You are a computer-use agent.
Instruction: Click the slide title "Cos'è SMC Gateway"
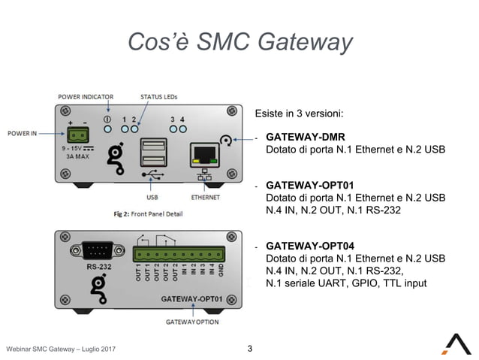point(239,42)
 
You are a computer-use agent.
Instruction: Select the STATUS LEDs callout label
point(158,96)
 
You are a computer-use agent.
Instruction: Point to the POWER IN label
point(23,133)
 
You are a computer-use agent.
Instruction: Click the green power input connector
point(77,135)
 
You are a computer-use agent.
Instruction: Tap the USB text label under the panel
point(152,198)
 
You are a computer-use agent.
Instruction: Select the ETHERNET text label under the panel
point(205,198)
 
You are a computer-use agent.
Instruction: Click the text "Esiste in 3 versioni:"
point(299,114)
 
